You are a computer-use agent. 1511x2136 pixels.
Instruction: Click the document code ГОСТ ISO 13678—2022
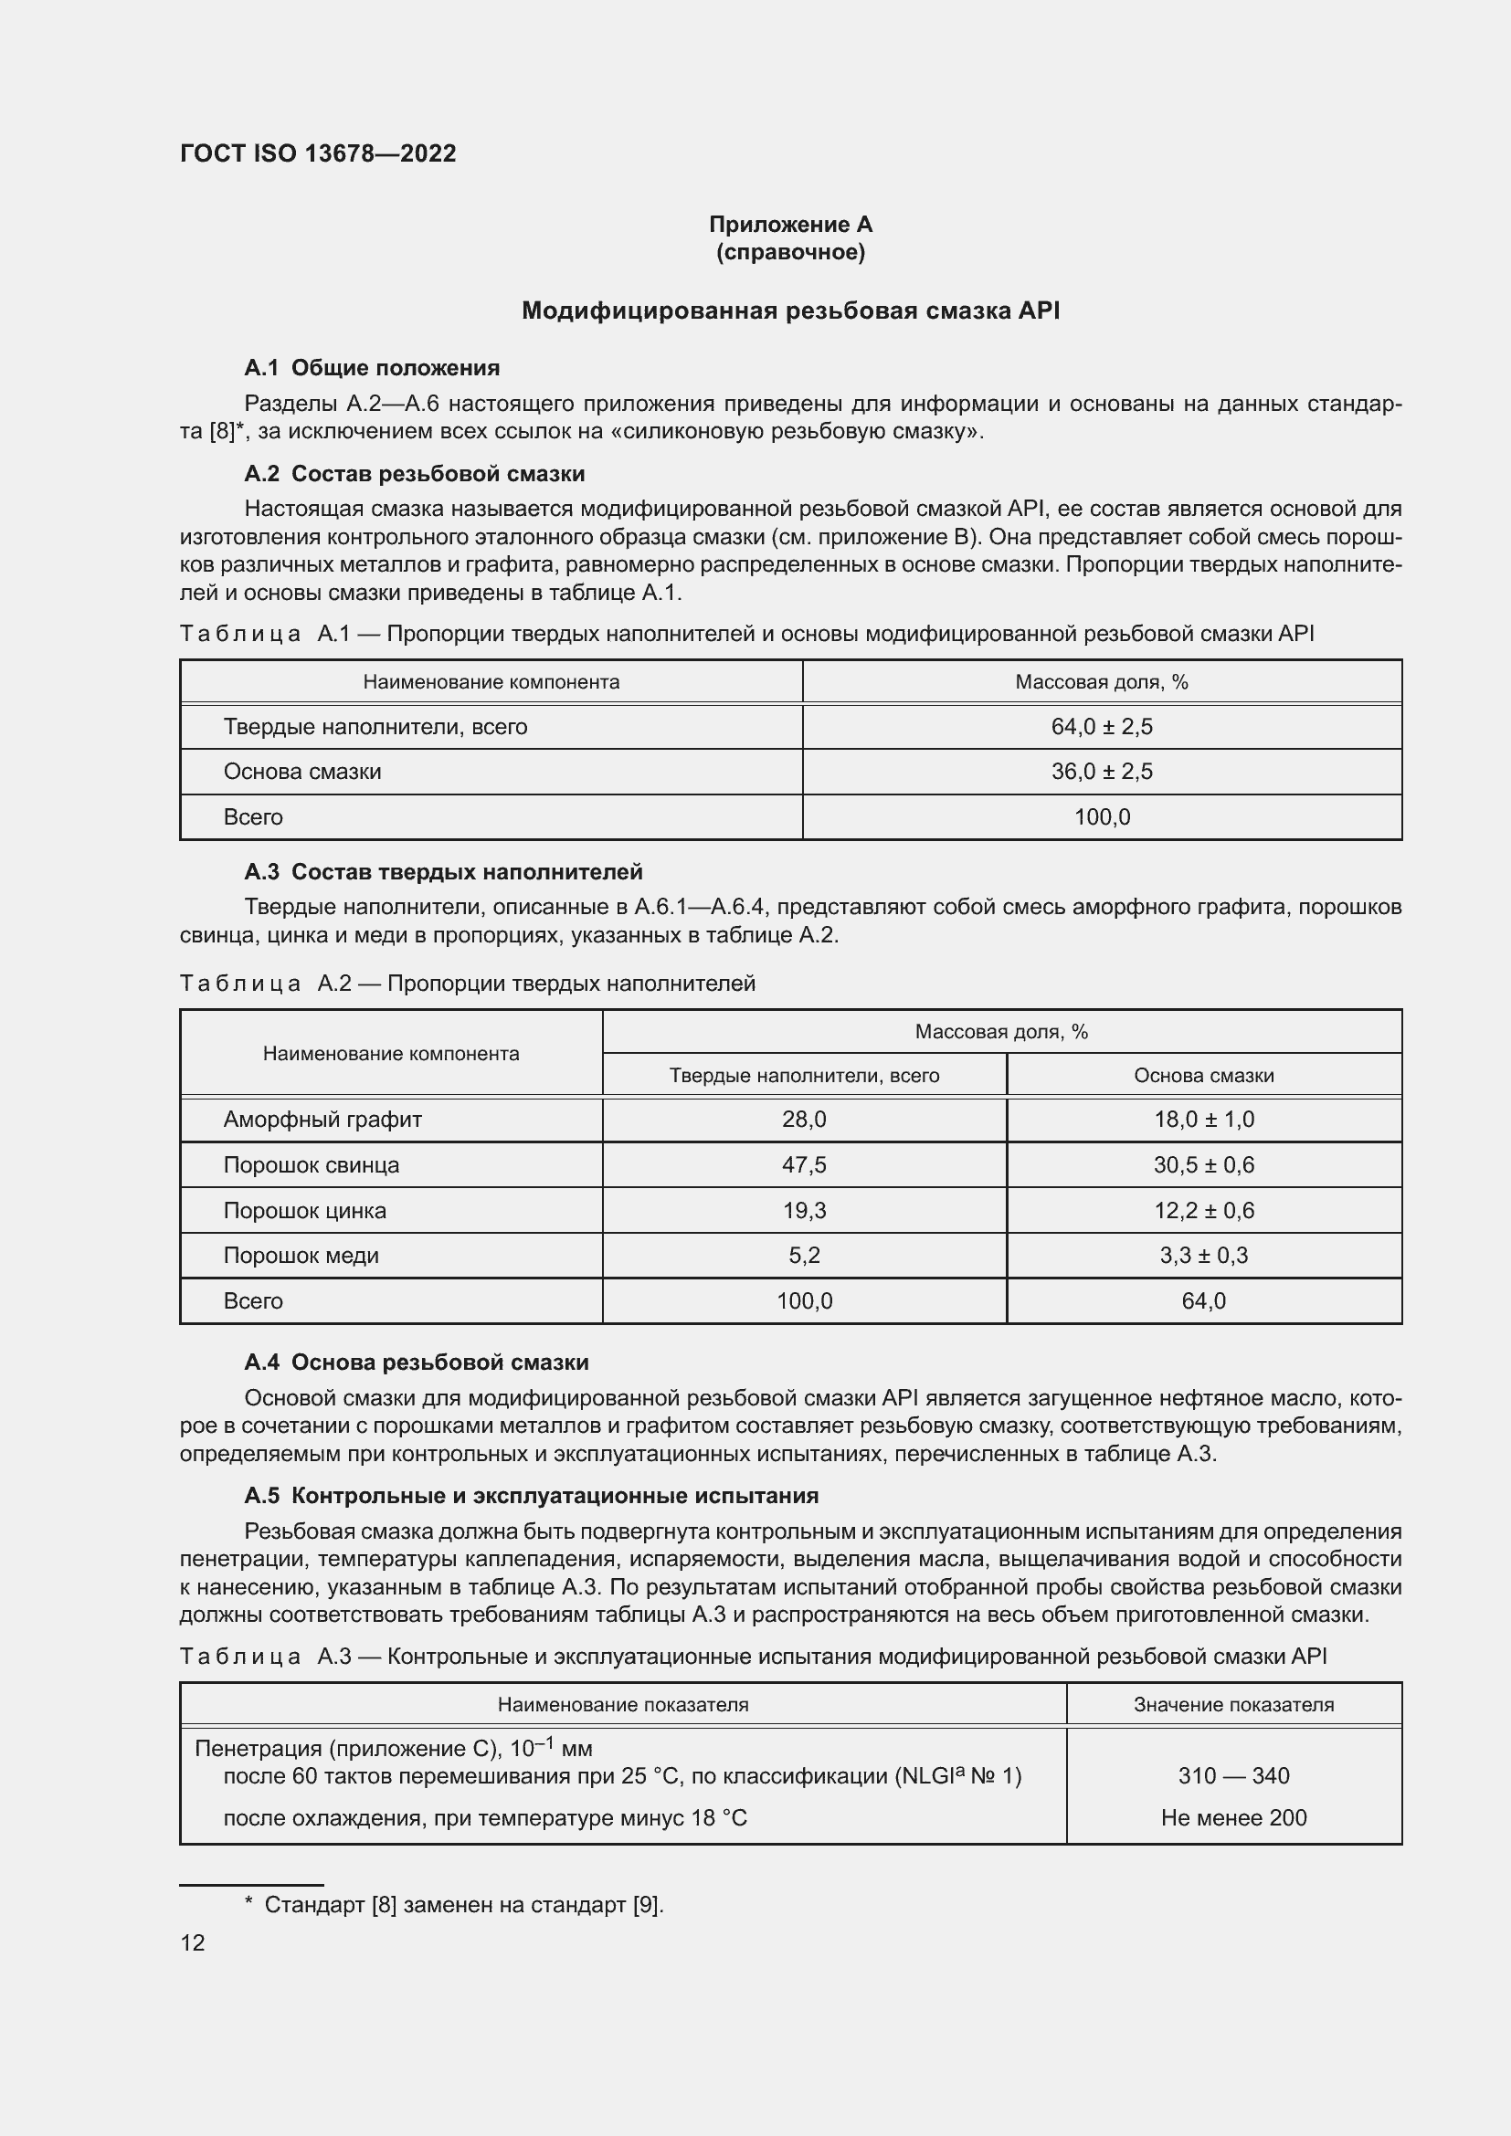tap(317, 153)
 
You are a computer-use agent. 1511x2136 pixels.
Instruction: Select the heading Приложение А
tap(790, 225)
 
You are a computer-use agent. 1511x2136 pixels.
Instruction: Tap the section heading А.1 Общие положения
tap(371, 367)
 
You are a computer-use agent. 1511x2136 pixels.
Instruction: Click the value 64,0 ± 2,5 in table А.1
tap(1101, 727)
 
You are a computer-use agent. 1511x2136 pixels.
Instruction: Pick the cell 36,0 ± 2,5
tap(1101, 772)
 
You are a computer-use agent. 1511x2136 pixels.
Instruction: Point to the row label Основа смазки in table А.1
tap(301, 772)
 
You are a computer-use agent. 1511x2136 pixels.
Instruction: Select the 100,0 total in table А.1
tap(1102, 816)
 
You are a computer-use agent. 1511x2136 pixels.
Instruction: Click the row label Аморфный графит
tap(322, 1120)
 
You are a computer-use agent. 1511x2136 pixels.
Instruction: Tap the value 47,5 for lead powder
tap(804, 1164)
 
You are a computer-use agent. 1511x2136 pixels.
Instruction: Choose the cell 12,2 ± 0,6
tap(1203, 1210)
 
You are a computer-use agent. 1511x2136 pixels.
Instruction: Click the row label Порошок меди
tap(301, 1255)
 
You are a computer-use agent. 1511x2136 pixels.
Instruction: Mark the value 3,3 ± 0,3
tap(1203, 1255)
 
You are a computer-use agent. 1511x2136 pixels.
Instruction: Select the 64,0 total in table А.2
tap(1203, 1300)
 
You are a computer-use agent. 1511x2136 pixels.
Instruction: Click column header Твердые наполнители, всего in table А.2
tap(804, 1076)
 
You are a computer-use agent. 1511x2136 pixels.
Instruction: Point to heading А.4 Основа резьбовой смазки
tap(416, 1362)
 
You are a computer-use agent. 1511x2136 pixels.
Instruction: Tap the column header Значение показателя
tap(1232, 1704)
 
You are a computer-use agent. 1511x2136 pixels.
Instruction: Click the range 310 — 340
tap(1232, 1776)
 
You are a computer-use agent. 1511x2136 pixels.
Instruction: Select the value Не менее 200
tap(1232, 1818)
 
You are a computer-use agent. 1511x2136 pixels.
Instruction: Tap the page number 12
tap(193, 1942)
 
